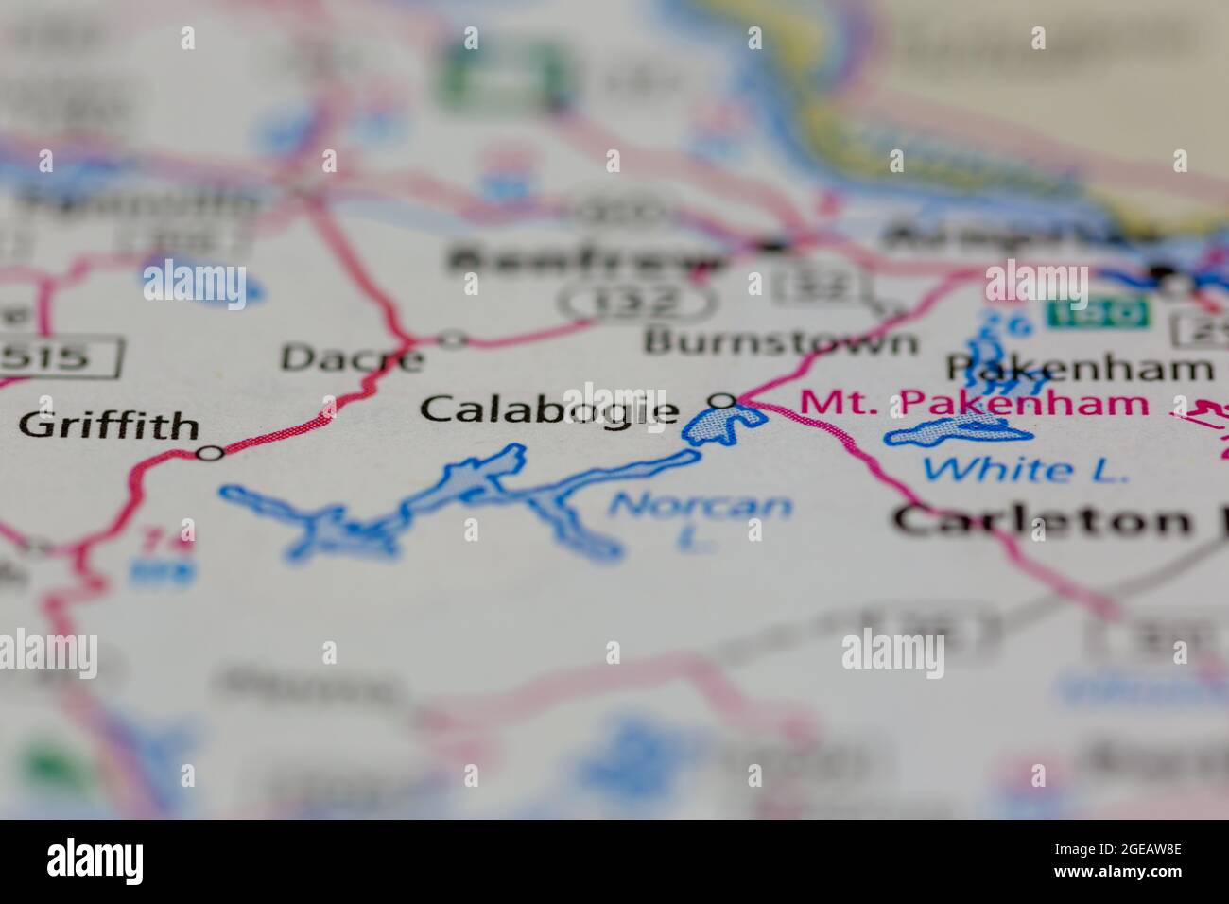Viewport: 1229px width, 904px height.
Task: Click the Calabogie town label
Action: coord(548,409)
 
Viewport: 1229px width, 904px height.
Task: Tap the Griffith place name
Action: coord(109,426)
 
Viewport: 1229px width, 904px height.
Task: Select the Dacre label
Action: coord(352,357)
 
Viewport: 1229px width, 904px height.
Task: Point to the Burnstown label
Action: coord(780,341)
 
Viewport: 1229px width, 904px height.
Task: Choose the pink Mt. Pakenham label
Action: coord(974,404)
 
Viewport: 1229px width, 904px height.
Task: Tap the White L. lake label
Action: coord(1025,468)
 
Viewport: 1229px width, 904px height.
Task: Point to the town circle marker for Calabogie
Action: coord(723,401)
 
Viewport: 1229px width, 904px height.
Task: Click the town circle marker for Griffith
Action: coord(210,454)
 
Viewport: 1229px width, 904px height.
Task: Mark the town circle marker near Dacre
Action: coord(454,338)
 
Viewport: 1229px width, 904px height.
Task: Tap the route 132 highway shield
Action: coord(634,302)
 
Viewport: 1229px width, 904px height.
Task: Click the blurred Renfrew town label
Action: coord(586,258)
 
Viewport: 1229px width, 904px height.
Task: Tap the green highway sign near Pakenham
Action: coord(1098,312)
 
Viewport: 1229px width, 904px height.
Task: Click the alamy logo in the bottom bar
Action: coord(95,861)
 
